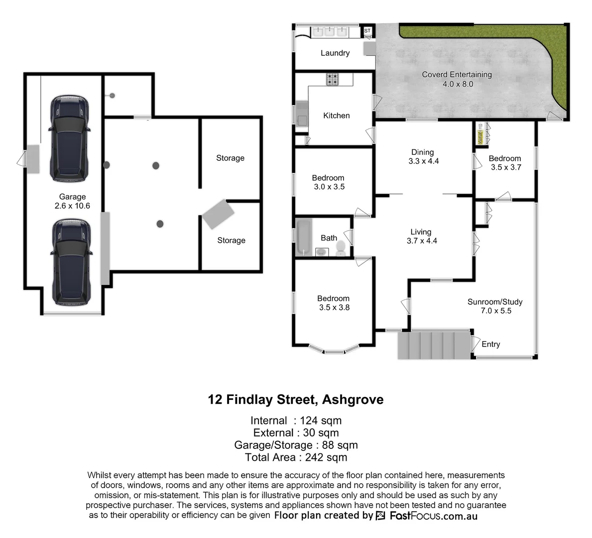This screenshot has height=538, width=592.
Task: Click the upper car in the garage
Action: pyautogui.click(x=70, y=138)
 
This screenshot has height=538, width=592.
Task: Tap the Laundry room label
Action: pyautogui.click(x=335, y=53)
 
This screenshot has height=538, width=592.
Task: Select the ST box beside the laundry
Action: pyautogui.click(x=367, y=31)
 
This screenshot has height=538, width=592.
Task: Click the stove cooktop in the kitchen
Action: pyautogui.click(x=333, y=79)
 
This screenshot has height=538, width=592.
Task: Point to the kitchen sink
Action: pyautogui.click(x=302, y=114)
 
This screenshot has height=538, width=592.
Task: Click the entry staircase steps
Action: pyautogui.click(x=434, y=345)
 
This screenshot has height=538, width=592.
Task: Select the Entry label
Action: pyautogui.click(x=490, y=344)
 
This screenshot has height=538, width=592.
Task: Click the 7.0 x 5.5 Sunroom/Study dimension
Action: pyautogui.click(x=495, y=311)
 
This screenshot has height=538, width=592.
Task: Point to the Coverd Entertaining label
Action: pyautogui.click(x=457, y=75)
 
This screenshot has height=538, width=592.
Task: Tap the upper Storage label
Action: pyautogui.click(x=230, y=158)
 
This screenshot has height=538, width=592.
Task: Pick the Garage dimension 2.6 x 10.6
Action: pyautogui.click(x=72, y=206)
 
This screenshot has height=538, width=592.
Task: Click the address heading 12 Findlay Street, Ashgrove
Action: pyautogui.click(x=296, y=400)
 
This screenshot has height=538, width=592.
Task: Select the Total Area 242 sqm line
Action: pyautogui.click(x=296, y=457)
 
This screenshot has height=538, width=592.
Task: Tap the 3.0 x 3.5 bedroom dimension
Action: pyautogui.click(x=329, y=187)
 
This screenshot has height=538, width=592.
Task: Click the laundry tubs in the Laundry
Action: pyautogui.click(x=329, y=32)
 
